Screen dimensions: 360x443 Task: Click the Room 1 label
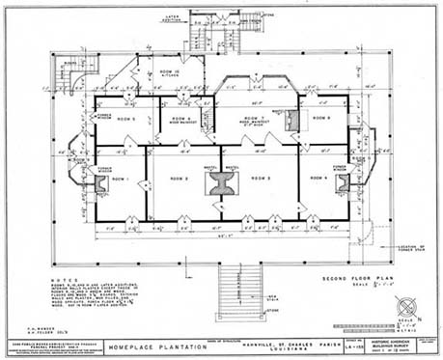[119, 180]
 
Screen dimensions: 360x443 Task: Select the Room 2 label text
[179, 179]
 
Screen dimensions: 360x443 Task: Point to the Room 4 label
[319, 179]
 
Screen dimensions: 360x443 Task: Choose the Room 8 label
[322, 118]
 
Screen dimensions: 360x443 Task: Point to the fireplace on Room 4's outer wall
[344, 182]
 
